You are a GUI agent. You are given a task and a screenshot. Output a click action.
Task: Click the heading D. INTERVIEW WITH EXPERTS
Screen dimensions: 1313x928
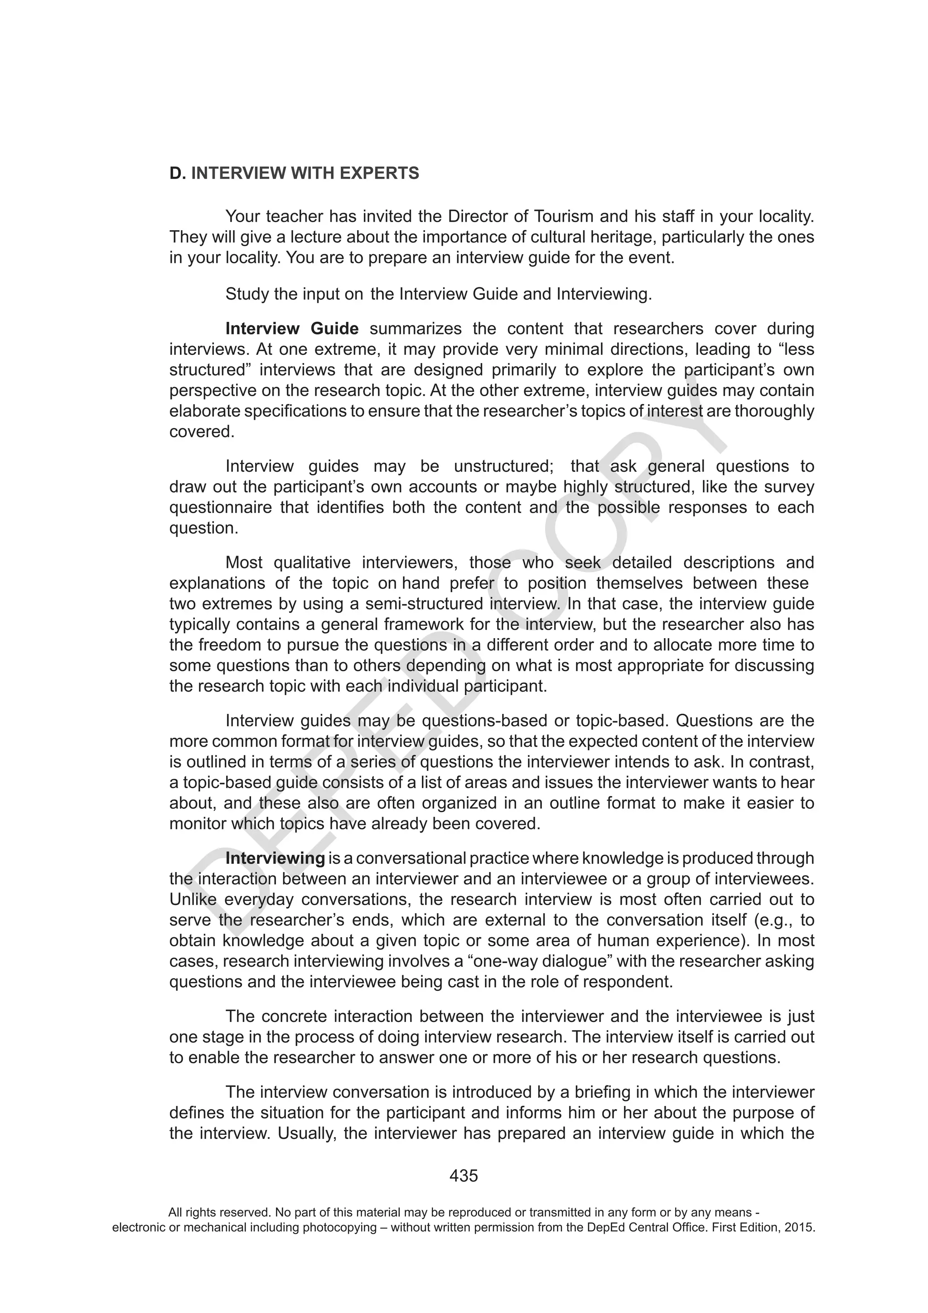click(294, 173)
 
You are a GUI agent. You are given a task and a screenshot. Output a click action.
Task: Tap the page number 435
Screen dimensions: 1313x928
click(463, 1175)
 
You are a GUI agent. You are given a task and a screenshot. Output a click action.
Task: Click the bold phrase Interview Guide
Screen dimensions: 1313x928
click(292, 329)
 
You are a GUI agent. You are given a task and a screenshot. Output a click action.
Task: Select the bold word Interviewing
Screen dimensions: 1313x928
click(275, 858)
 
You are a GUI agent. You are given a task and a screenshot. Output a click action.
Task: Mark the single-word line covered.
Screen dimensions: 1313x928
click(201, 432)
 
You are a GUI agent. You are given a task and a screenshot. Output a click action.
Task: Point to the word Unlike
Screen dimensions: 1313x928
click(192, 900)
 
